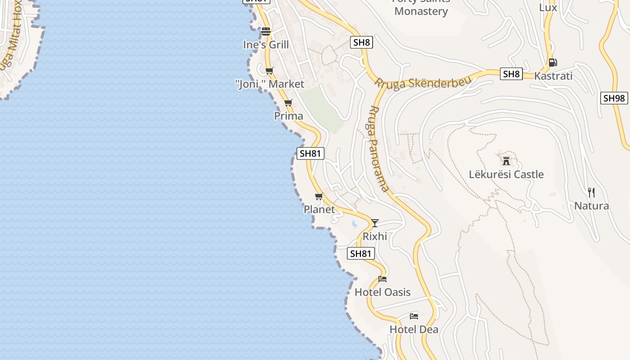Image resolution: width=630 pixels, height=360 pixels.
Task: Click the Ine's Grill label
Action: (266, 45)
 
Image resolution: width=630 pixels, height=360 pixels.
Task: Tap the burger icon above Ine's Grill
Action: (266, 31)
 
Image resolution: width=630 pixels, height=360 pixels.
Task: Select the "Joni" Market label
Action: (270, 84)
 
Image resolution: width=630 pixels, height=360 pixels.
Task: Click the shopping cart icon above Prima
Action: (288, 103)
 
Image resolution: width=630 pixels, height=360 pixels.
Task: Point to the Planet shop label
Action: (319, 209)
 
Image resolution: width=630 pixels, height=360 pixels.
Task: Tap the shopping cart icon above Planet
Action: (319, 196)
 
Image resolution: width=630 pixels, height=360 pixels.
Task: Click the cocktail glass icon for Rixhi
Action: (374, 223)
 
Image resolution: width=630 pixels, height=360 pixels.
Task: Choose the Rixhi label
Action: (375, 236)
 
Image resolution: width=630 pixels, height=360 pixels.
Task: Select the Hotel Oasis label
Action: (382, 292)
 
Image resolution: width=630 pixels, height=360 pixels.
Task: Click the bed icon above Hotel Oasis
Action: (382, 279)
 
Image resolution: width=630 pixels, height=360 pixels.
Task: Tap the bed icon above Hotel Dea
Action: (414, 316)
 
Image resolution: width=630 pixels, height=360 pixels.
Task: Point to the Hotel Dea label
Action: (414, 329)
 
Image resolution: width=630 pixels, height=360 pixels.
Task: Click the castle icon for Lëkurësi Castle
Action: (506, 161)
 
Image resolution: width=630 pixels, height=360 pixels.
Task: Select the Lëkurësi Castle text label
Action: (506, 174)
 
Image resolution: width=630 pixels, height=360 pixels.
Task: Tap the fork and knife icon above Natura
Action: (591, 193)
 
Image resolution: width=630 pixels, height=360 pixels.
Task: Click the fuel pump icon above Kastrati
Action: (553, 63)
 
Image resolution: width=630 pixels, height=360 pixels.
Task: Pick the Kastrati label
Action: (553, 76)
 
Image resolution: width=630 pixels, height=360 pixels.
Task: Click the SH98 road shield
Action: (614, 98)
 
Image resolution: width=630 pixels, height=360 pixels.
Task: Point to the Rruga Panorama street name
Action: (378, 148)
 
